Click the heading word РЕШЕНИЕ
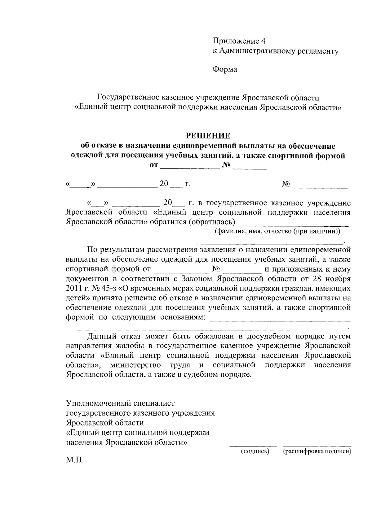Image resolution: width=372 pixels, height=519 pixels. point(208,136)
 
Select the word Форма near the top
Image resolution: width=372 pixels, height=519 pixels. point(224,69)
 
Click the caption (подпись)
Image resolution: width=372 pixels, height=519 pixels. point(255,451)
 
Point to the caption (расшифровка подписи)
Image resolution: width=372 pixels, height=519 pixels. point(317,451)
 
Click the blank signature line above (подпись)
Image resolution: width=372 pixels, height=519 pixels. point(253,446)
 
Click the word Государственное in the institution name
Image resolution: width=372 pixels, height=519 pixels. point(129,98)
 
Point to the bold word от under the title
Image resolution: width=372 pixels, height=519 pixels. point(154,166)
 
